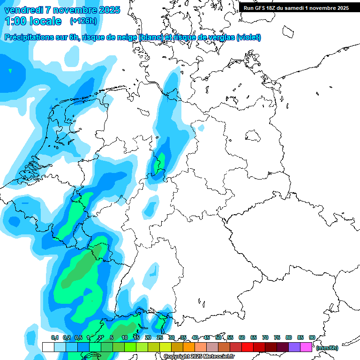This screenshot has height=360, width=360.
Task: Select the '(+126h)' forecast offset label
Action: pos(83,21)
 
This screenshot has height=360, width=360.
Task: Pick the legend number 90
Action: pos(312,337)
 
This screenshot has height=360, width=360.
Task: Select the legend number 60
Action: pos(242,337)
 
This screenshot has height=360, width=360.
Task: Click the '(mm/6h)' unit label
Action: pos(328,348)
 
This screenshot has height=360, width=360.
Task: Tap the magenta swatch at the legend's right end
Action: pos(306,347)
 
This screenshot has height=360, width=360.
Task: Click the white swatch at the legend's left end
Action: pos(48,347)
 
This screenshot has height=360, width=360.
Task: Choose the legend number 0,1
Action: pos(54,337)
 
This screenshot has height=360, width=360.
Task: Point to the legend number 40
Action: pos(195,337)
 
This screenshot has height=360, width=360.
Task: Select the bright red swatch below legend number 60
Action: pos(247,347)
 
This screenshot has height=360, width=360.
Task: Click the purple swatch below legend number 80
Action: pos(294,347)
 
